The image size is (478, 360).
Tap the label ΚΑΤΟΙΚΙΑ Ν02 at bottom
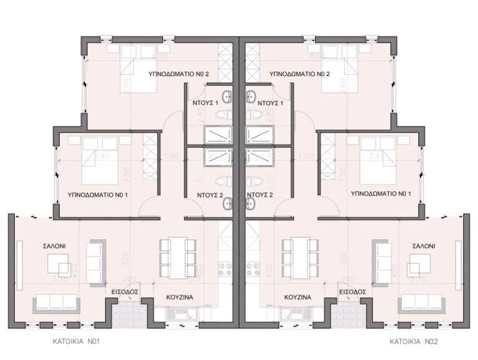tap(405, 341)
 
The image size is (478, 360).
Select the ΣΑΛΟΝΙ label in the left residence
tap(56, 246)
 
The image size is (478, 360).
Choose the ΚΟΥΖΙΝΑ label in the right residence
tap(297, 297)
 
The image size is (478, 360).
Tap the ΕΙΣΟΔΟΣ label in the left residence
tap(124, 291)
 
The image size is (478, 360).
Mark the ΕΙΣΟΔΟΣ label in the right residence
tap(352, 291)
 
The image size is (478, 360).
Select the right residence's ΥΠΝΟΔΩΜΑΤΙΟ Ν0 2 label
tap(299, 73)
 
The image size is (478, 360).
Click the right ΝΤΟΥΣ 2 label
tap(261, 194)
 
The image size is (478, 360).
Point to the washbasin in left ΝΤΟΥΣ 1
tap(228, 97)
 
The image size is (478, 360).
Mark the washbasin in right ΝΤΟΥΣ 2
tap(250, 202)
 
